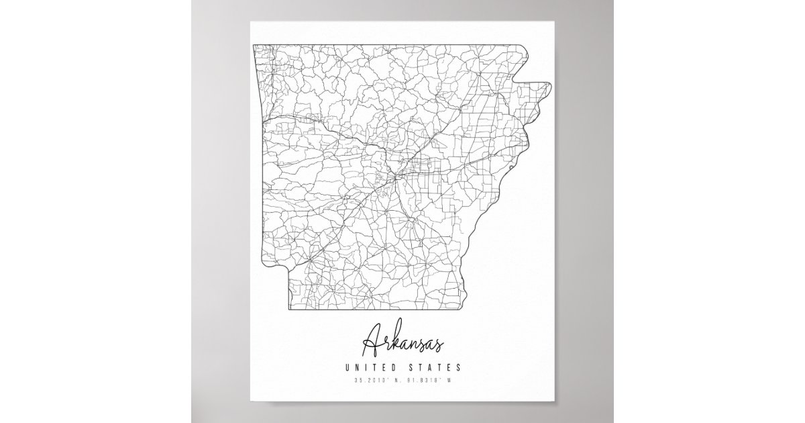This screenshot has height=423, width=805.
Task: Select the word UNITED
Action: tap(370, 367)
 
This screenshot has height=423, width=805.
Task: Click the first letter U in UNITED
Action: tap(347, 367)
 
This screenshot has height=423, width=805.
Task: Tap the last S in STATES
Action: tap(458, 367)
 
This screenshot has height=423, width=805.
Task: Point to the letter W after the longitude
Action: tap(452, 381)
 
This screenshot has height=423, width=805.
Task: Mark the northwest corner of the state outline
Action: tap(253, 44)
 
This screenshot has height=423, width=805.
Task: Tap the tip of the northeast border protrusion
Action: tap(549, 85)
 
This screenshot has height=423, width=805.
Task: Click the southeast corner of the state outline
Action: tap(457, 312)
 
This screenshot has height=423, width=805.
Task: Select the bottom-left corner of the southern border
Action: tap(290, 312)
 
